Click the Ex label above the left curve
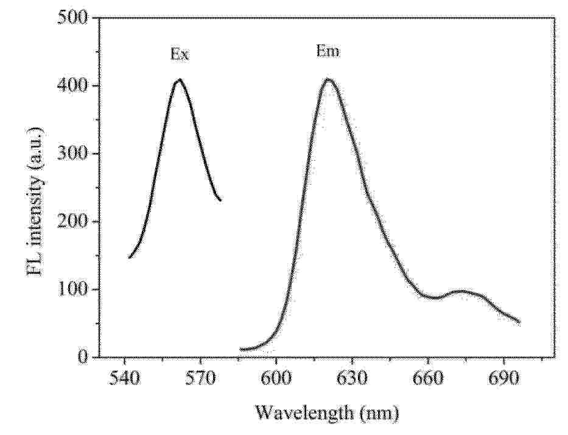point(179,55)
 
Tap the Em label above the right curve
point(328,52)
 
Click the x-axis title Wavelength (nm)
point(326,414)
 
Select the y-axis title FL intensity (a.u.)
point(35,201)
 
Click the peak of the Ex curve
point(179,80)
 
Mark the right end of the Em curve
point(519,322)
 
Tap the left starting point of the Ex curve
point(129,258)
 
